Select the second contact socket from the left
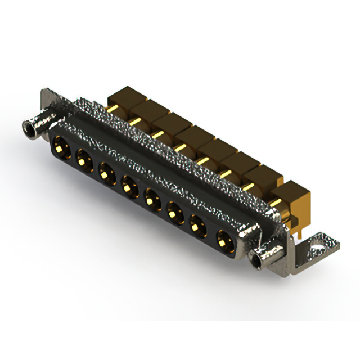(83, 159)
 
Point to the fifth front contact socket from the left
(152, 197)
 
